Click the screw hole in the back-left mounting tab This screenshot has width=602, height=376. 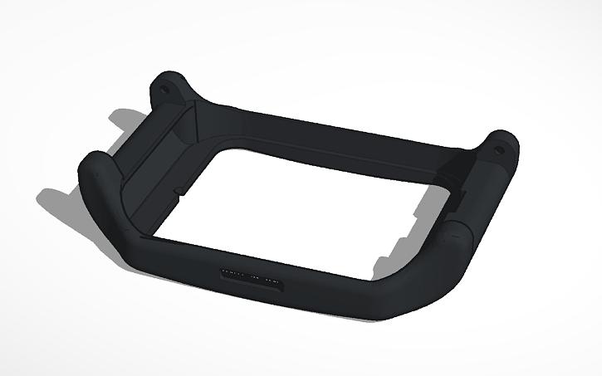coord(164,85)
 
